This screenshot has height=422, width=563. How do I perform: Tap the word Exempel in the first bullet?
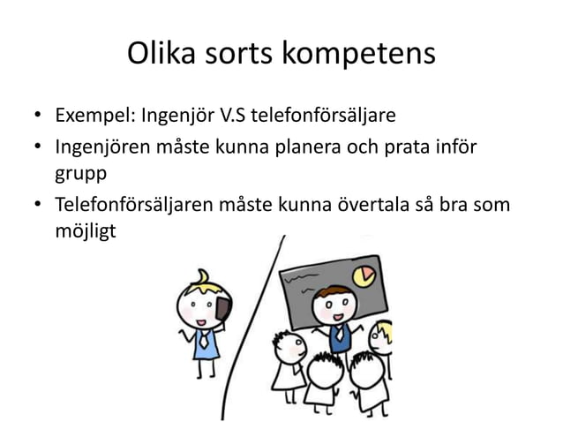[91, 116]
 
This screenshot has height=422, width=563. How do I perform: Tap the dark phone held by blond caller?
[222, 308]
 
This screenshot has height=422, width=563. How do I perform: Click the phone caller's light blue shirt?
[205, 343]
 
